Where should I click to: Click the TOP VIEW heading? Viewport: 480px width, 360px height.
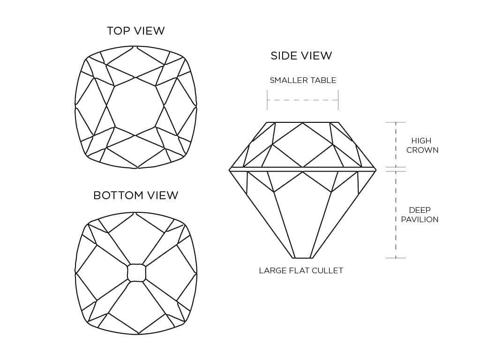click(x=135, y=31)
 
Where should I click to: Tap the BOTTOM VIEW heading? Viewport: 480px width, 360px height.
click(x=135, y=195)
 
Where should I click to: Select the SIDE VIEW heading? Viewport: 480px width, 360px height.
click(x=301, y=56)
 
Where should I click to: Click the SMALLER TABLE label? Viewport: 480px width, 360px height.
click(x=303, y=80)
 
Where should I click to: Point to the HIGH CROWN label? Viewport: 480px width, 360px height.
click(x=421, y=145)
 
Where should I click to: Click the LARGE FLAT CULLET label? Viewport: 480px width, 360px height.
click(x=301, y=270)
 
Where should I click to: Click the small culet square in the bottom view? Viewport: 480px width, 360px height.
click(x=136, y=272)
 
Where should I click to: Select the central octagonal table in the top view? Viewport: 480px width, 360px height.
click(x=135, y=107)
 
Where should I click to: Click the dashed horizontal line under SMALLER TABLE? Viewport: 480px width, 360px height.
click(x=302, y=100)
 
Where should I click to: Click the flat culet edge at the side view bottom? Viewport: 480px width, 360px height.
click(x=302, y=258)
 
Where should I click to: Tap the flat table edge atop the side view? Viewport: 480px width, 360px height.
click(x=302, y=122)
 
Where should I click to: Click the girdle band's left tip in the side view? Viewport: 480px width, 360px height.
click(x=230, y=169)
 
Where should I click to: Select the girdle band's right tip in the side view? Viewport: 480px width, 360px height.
click(x=375, y=169)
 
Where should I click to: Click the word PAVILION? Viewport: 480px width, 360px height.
click(x=420, y=219)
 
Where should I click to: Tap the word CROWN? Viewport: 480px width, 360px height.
click(x=422, y=150)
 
